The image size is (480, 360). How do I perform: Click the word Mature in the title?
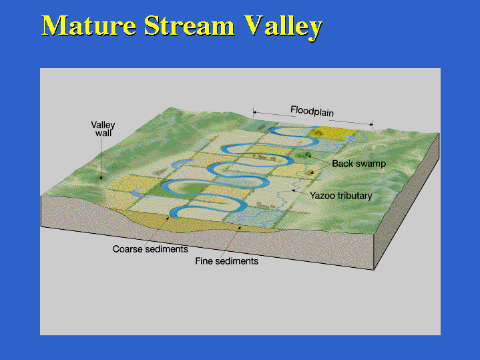click(89, 25)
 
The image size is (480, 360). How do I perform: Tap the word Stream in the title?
click(189, 25)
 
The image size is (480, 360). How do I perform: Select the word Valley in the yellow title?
click(283, 27)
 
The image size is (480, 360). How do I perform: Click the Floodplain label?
click(312, 111)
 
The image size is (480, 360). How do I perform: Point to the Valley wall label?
click(103, 129)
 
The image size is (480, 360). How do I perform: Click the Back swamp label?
click(358, 164)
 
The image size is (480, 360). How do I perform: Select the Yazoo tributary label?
click(340, 196)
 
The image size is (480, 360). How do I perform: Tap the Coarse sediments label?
click(150, 248)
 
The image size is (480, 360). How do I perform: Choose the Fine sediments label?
click(226, 261)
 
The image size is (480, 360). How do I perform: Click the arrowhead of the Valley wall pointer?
click(101, 178)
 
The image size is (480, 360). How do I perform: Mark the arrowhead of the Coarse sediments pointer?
click(168, 218)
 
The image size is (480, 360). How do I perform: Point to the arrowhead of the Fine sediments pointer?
click(240, 228)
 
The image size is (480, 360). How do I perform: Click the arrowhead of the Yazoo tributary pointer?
click(293, 190)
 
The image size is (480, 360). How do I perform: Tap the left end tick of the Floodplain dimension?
click(254, 112)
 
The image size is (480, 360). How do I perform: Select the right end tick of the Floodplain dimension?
click(373, 124)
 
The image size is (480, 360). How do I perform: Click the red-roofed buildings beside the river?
click(263, 157)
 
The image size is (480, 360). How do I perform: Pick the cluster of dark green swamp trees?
click(304, 155)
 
